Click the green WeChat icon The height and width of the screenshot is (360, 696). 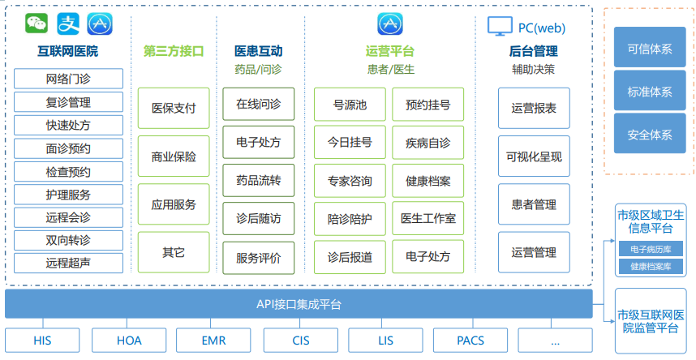tap(37, 23)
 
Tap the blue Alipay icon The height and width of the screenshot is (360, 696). tap(68, 24)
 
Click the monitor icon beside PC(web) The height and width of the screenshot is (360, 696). tap(500, 26)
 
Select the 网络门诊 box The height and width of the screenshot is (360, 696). tap(68, 79)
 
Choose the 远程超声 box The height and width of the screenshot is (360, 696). tap(68, 263)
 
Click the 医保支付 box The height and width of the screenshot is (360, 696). tap(174, 109)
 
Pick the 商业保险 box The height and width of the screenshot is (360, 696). tap(174, 156)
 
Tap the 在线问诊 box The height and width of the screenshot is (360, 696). tap(258, 105)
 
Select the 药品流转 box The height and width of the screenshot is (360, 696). tap(258, 181)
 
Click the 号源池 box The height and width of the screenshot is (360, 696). tap(350, 105)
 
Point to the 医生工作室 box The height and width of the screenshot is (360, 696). tap(427, 218)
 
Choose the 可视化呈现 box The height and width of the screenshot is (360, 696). tap(534, 156)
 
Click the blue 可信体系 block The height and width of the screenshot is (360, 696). tap(650, 48)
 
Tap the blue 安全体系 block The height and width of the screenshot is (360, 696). tap(650, 134)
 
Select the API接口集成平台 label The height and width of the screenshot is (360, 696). tap(299, 305)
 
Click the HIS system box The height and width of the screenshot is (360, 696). tap(42, 341)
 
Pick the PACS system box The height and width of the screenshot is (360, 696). tap(470, 341)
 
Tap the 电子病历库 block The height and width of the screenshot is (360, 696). tap(651, 250)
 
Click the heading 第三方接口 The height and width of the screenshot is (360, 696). tap(174, 51)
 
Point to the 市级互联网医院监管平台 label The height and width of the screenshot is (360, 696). tap(651, 321)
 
